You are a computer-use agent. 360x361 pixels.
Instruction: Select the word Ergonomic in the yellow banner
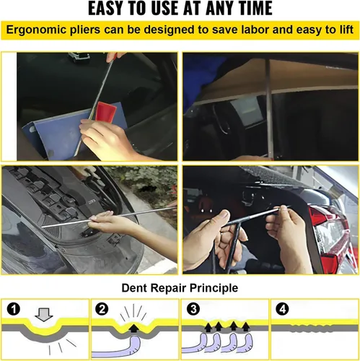tap(36, 30)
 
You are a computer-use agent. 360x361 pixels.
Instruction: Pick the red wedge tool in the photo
tap(105, 111)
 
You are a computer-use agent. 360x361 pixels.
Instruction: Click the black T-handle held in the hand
tap(231, 243)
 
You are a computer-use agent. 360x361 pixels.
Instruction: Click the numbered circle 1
tap(14, 309)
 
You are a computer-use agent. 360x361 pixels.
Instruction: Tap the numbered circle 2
tap(102, 309)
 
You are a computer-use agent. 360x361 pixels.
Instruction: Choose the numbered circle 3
tap(193, 309)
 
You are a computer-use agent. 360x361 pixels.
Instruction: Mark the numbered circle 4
tap(283, 309)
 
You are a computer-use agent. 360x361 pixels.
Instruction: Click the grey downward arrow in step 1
tap(43, 315)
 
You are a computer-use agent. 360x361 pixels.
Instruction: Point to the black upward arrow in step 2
tap(134, 328)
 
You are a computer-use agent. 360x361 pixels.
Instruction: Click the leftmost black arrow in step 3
tap(208, 328)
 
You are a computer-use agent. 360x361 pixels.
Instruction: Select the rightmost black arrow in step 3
tap(245, 327)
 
